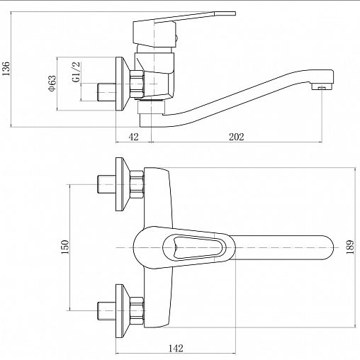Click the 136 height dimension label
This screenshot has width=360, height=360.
pyautogui.click(x=6, y=69)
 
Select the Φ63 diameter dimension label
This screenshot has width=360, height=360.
pyautogui.click(x=52, y=83)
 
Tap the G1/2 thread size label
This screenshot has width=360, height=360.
pyautogui.click(x=77, y=72)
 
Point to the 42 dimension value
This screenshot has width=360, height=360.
pyautogui.click(x=133, y=137)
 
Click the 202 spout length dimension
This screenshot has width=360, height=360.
pyautogui.click(x=236, y=137)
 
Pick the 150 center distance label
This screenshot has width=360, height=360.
pyautogui.click(x=64, y=247)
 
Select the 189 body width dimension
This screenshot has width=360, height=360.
pyautogui.click(x=350, y=247)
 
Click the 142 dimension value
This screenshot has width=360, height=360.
pyautogui.click(x=176, y=348)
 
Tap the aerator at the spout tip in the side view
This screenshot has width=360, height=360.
pyautogui.click(x=322, y=87)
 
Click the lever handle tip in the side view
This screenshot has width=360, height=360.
pyautogui.click(x=225, y=13)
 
